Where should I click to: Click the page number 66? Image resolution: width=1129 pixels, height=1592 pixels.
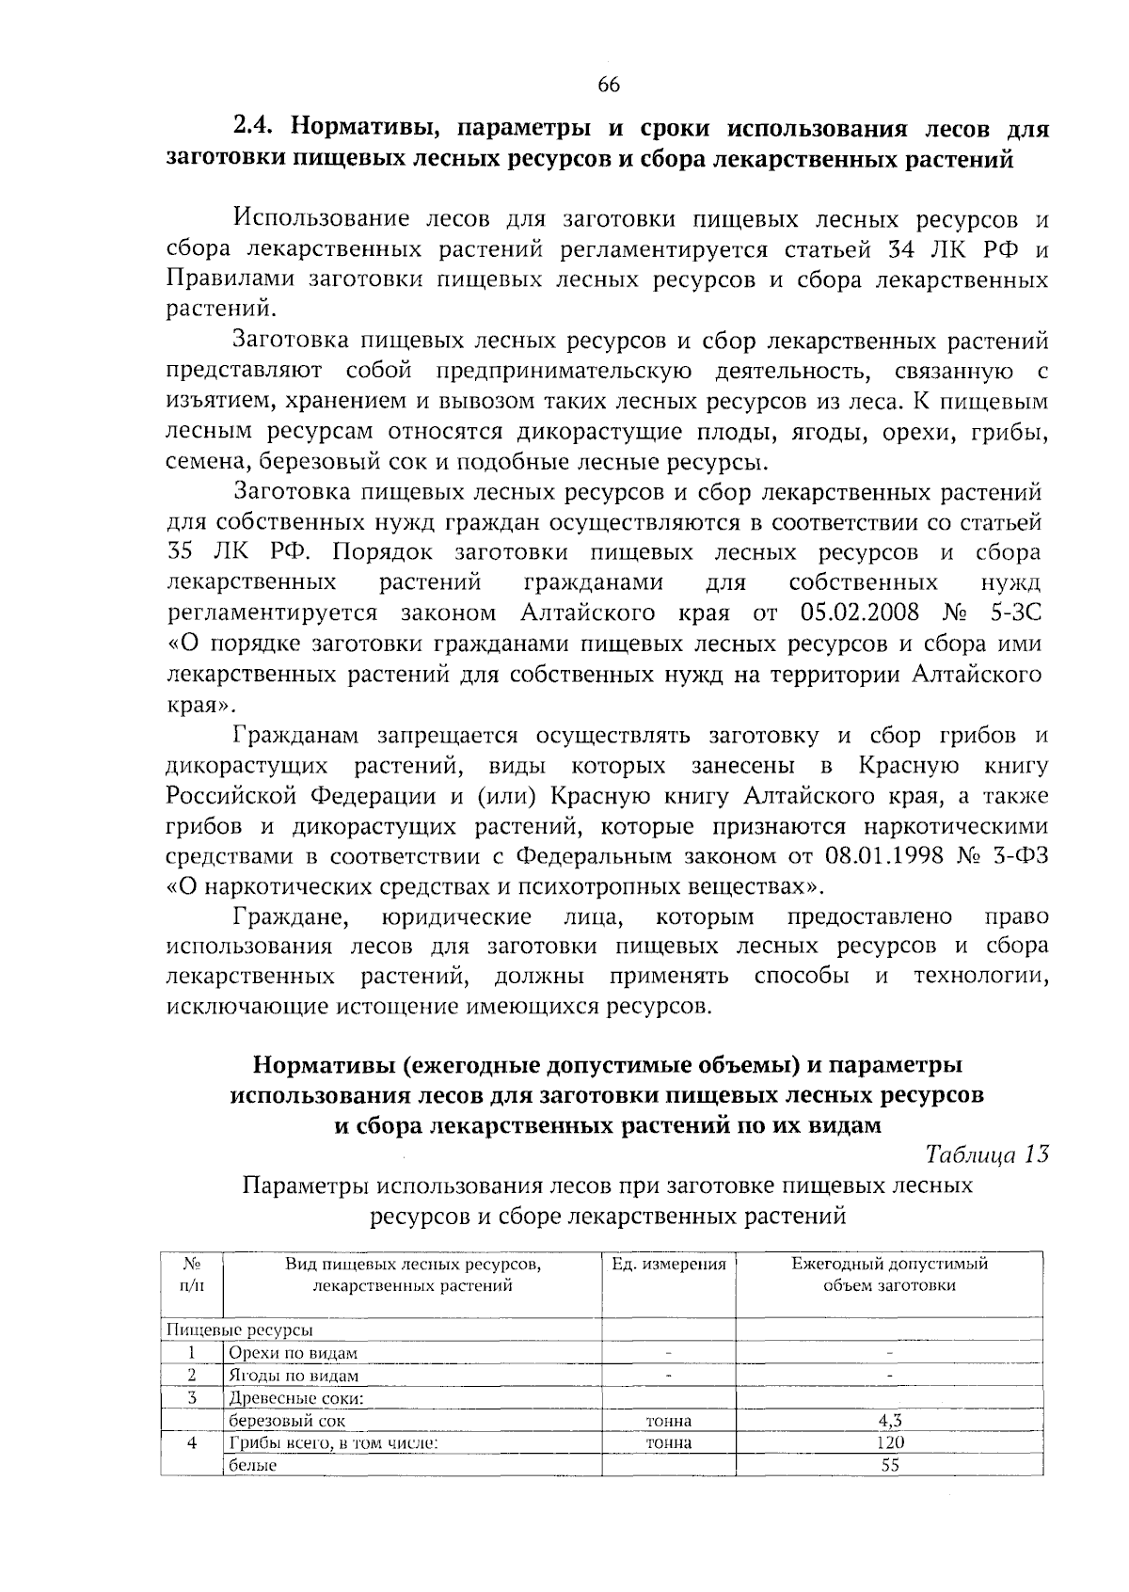click(608, 85)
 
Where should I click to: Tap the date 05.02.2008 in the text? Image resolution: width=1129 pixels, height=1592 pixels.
click(862, 613)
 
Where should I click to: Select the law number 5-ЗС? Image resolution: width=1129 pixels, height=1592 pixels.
click(1015, 613)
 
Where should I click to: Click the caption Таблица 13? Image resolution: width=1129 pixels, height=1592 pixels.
click(987, 1154)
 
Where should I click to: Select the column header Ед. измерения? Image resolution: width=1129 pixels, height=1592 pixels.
click(669, 1265)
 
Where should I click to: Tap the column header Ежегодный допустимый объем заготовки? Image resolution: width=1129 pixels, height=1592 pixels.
click(889, 1275)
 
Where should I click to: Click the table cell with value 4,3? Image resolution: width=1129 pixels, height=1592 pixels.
click(889, 1421)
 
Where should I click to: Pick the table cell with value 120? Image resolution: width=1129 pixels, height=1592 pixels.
click(889, 1442)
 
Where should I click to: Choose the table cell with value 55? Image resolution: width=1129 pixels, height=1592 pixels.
click(889, 1465)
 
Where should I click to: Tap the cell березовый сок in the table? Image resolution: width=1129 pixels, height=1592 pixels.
click(288, 1421)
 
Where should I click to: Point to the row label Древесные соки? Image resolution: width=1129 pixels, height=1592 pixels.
click(296, 1398)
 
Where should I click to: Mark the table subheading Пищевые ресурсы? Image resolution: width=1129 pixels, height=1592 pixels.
click(239, 1330)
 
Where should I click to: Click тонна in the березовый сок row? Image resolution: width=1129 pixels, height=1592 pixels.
click(669, 1421)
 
